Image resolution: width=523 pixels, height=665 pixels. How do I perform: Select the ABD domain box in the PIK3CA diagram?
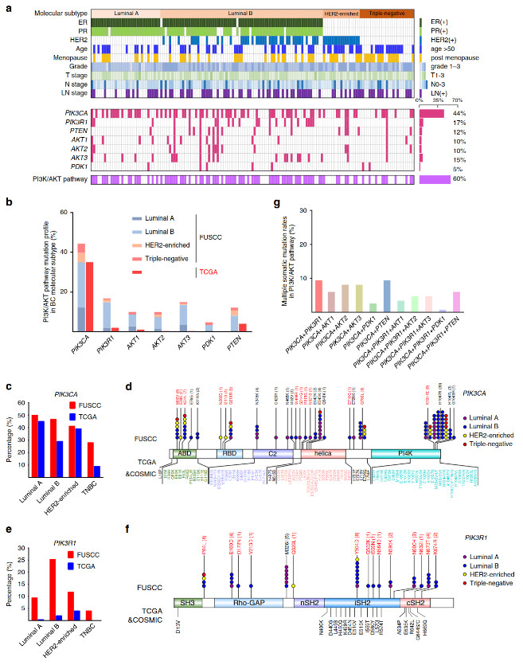[185, 452]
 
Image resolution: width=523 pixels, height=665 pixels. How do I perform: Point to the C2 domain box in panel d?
[267, 452]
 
